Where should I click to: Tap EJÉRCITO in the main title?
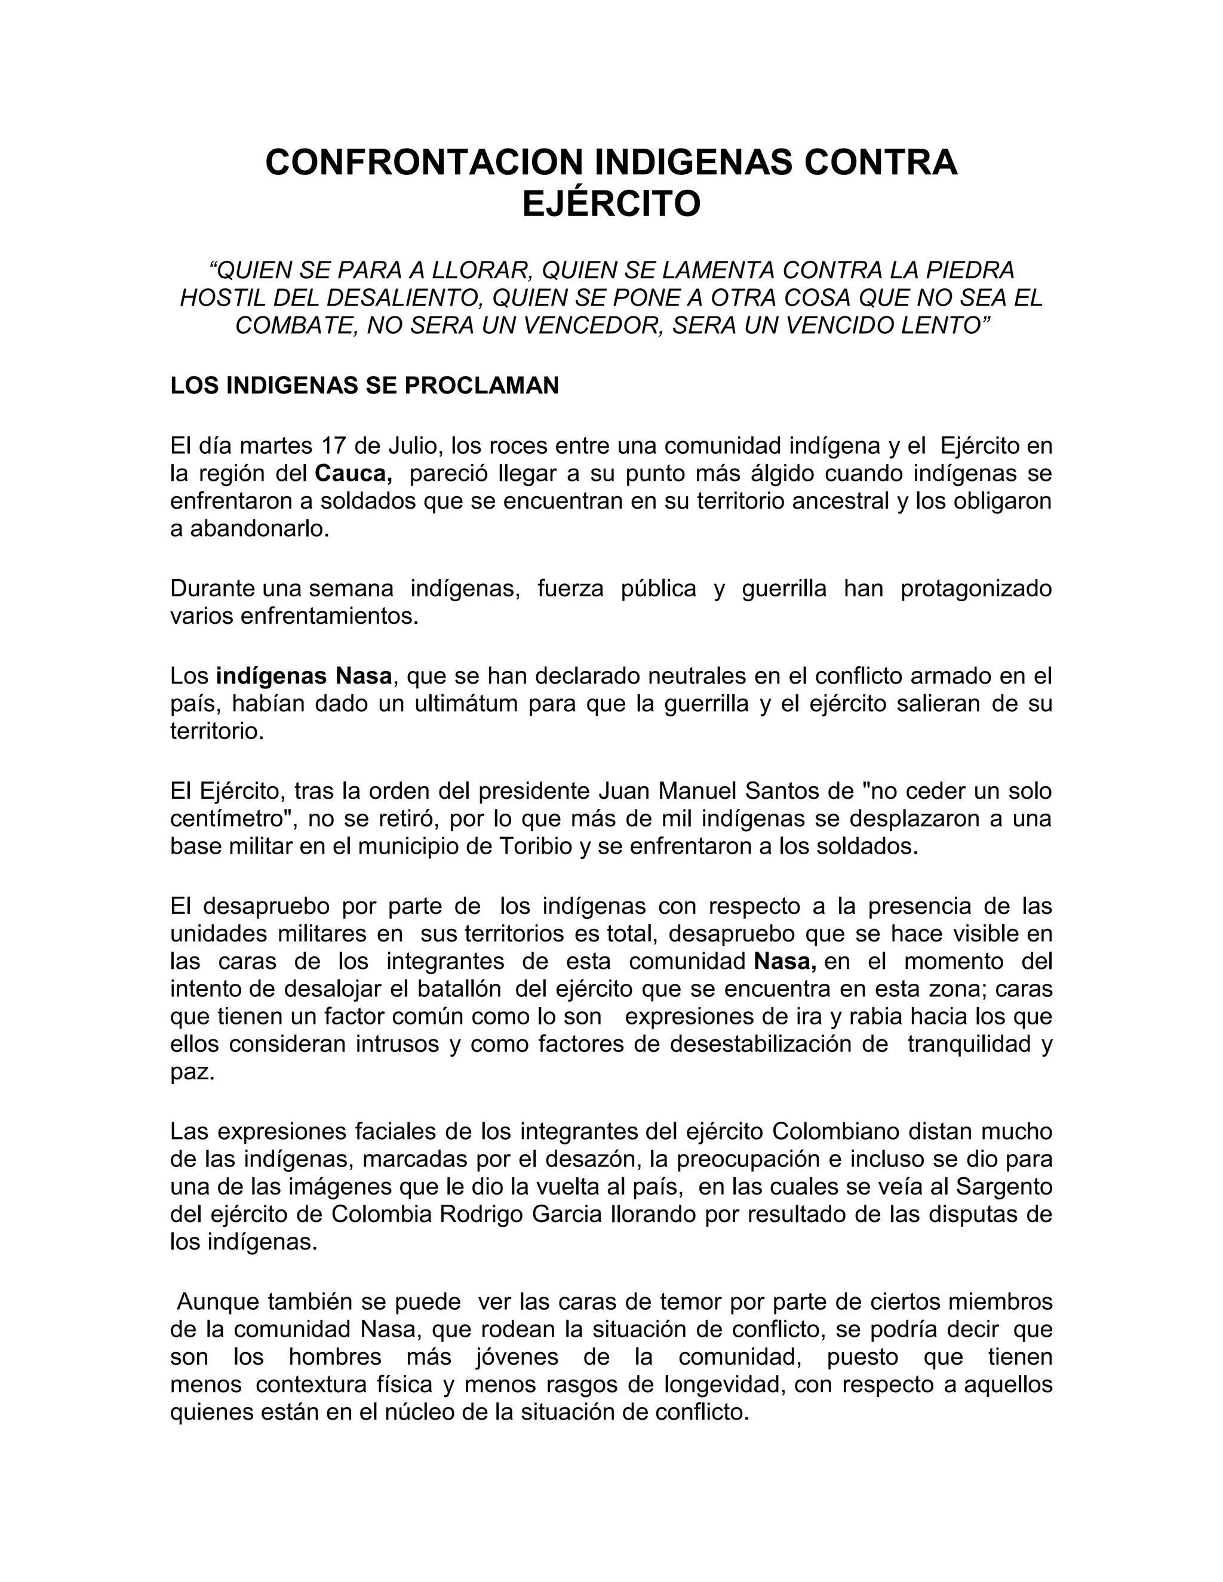click(611, 204)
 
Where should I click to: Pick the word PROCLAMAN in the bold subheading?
click(482, 386)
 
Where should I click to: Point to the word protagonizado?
click(976, 589)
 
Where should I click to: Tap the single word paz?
click(192, 1072)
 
